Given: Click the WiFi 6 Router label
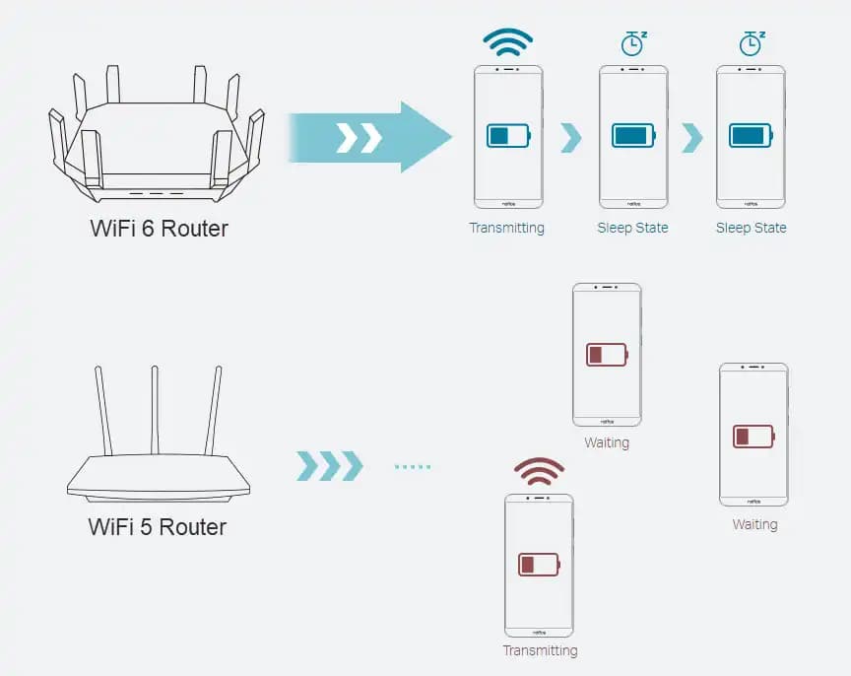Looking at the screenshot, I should tap(159, 229).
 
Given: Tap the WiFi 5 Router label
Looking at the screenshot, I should tap(158, 527).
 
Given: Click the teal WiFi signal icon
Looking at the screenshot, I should tap(507, 42).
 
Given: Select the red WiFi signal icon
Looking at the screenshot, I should tap(539, 472).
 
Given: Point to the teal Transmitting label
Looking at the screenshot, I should tap(506, 229).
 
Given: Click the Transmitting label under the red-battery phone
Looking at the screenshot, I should tap(540, 650).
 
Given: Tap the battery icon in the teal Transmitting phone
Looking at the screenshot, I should tap(508, 135).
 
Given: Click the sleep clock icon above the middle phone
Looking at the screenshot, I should tap(633, 43).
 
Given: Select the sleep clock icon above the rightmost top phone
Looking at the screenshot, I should tap(751, 43).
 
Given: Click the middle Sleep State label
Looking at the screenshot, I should tap(632, 229).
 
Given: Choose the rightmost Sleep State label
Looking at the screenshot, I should tap(751, 229).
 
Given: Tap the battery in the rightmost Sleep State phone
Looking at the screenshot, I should tap(751, 135).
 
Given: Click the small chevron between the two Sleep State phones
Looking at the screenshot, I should tap(691, 137).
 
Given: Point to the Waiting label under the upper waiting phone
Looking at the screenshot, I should tap(607, 443).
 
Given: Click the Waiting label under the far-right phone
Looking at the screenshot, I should tap(754, 525).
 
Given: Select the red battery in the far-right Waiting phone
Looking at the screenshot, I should tap(753, 435).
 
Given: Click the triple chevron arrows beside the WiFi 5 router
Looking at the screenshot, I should tap(329, 466).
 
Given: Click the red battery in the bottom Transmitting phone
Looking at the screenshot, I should tap(539, 565).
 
